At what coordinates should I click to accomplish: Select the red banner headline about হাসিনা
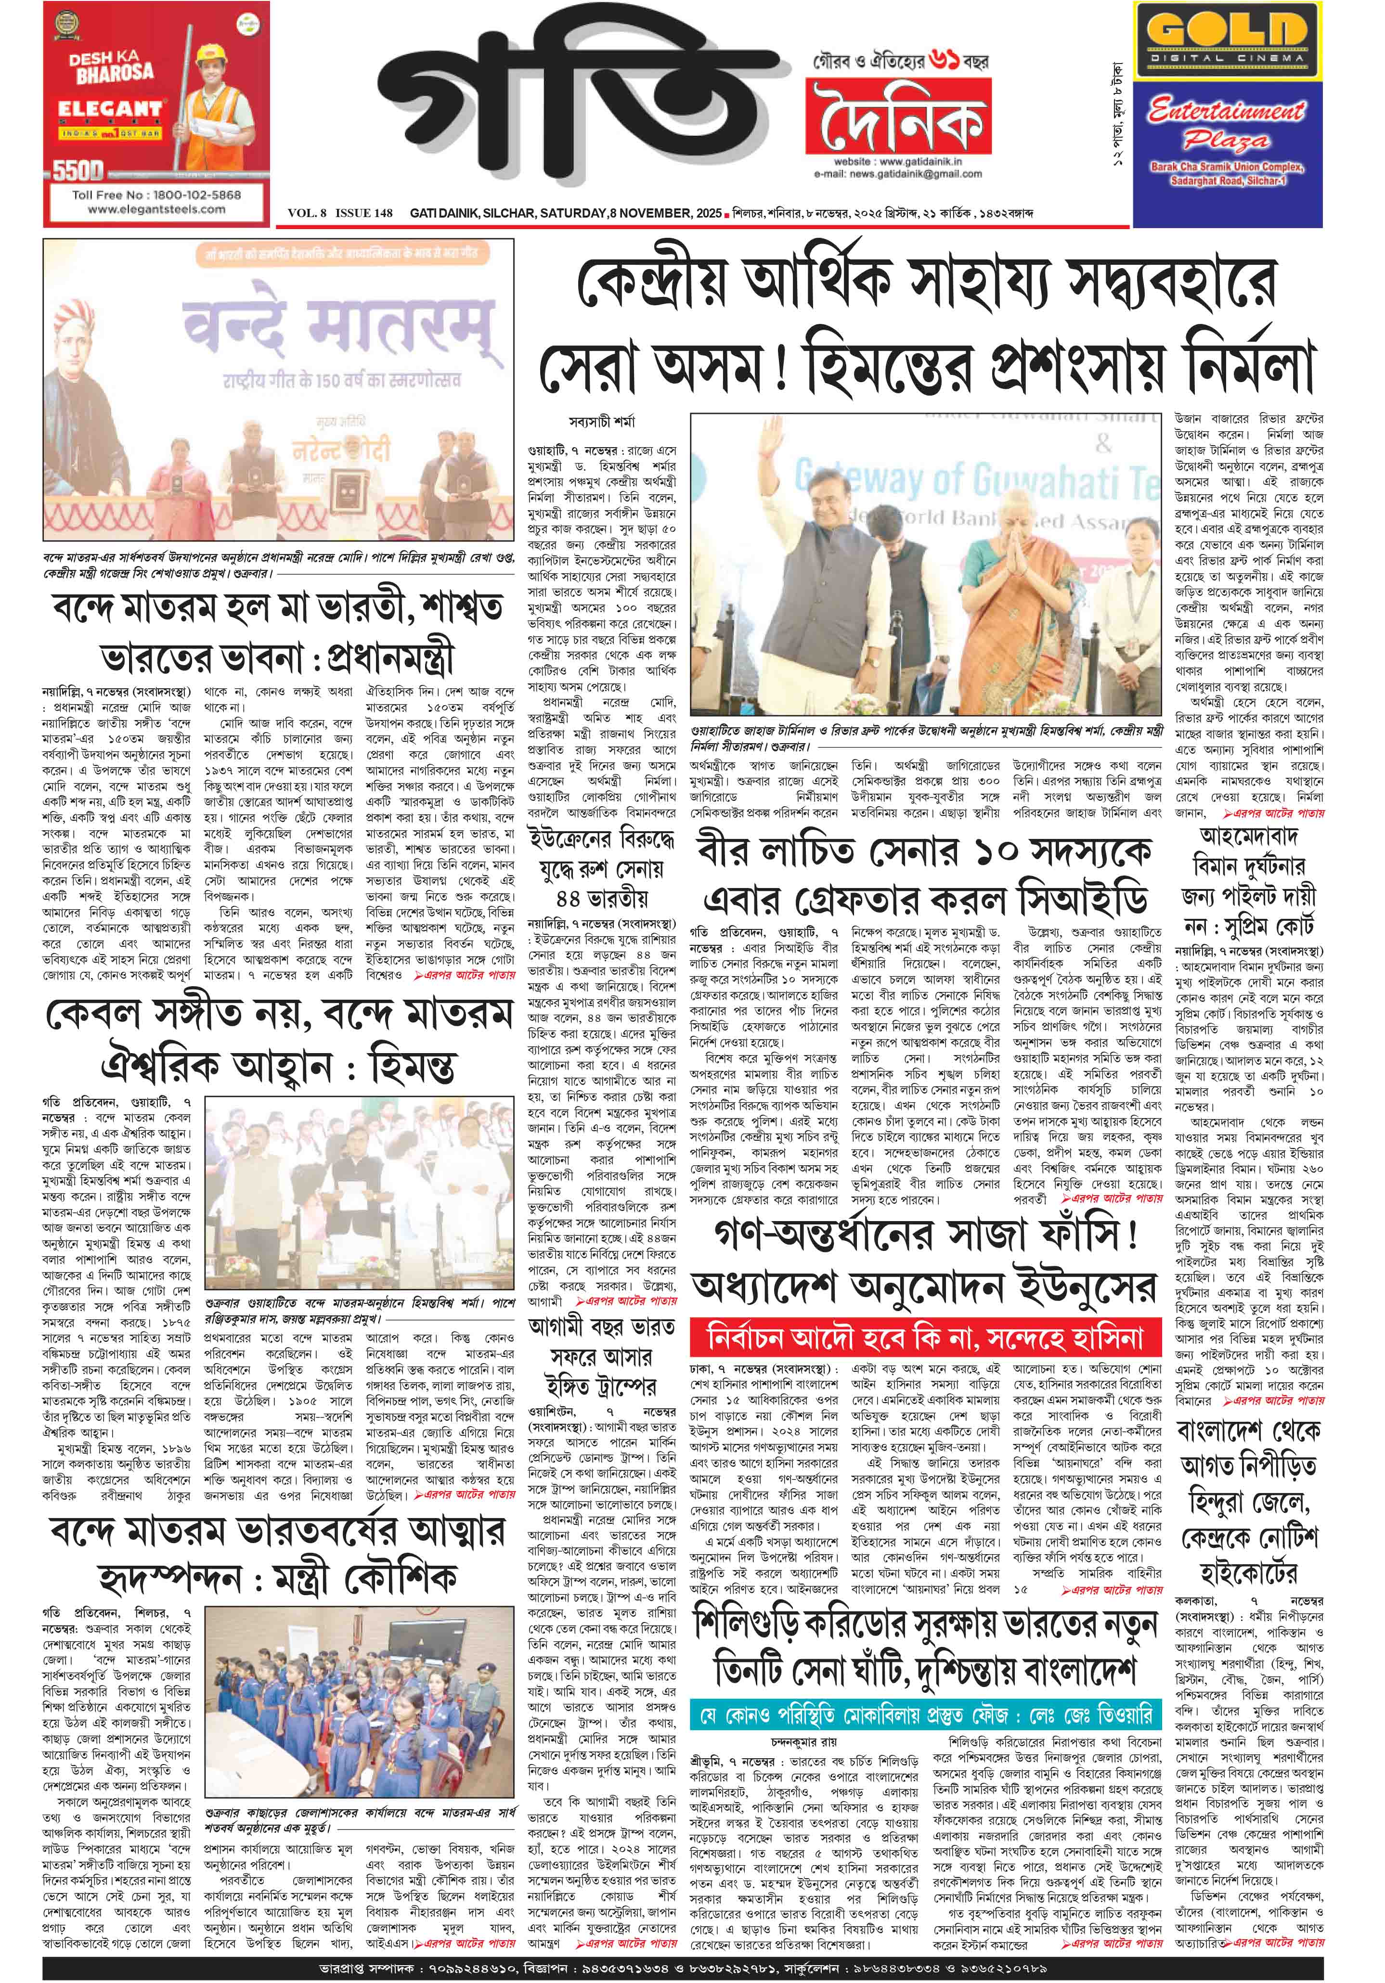[x=924, y=1338]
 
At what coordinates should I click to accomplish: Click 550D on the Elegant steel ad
[x=78, y=170]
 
